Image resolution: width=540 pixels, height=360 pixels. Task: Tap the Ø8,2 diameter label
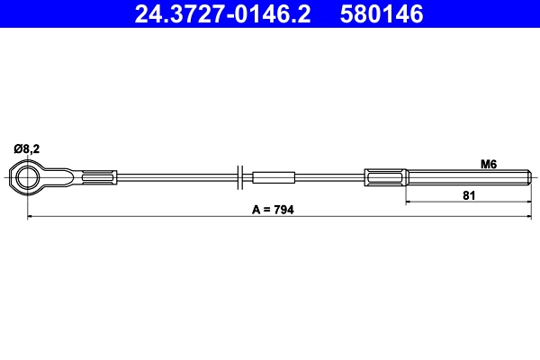point(24,149)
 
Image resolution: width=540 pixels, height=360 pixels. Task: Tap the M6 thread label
point(489,164)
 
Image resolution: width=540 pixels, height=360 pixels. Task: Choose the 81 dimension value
point(468,194)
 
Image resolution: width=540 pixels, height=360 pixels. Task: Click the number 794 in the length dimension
point(283,209)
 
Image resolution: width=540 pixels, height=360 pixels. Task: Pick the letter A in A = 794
point(256,209)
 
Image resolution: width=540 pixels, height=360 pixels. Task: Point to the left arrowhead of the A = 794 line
point(31,217)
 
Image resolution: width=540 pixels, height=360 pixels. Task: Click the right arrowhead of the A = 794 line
point(527,217)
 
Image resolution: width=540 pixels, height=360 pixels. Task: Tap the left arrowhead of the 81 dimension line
point(409,202)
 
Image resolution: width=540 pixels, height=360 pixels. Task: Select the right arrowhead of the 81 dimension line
point(527,202)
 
